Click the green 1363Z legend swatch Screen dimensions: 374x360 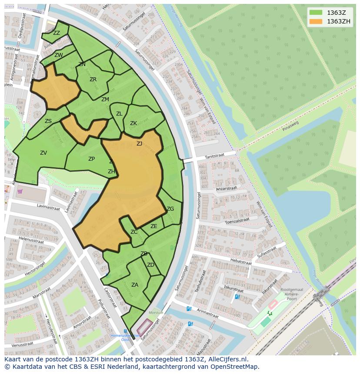coord(316,13)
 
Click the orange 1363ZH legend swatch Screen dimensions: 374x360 coord(316,21)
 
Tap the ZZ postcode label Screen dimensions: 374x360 coord(57,33)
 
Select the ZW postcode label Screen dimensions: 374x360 coord(59,55)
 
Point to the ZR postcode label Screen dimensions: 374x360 coord(93,79)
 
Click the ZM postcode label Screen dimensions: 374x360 coord(105,99)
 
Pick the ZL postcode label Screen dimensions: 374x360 coord(119,114)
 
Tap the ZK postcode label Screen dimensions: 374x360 coord(133,123)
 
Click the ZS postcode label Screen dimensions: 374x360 coord(48,121)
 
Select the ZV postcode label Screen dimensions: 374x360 coord(43,153)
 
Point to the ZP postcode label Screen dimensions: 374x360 coord(91,159)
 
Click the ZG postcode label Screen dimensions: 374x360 coord(170,209)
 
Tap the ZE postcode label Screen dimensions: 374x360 coord(154,226)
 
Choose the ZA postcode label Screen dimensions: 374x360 coord(135,285)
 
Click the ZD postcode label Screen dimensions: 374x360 coord(150,265)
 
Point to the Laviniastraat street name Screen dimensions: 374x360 coord(48,208)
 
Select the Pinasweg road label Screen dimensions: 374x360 coord(290,126)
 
